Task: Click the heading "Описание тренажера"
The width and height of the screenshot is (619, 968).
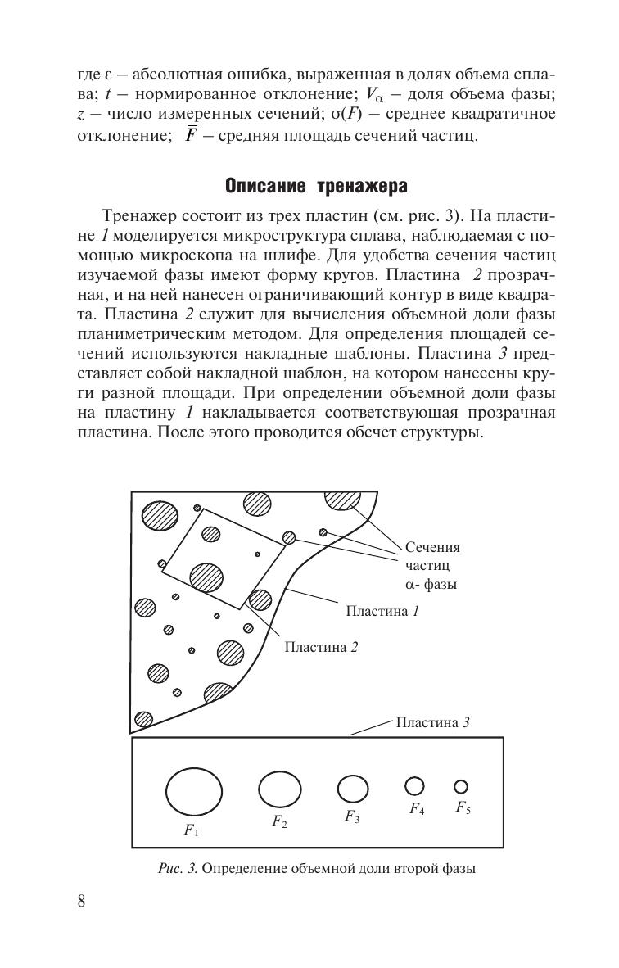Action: click(x=316, y=187)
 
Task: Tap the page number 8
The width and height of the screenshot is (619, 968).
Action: click(x=81, y=902)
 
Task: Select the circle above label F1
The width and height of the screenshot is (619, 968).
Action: click(x=194, y=792)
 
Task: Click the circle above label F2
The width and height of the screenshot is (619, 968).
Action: click(x=280, y=789)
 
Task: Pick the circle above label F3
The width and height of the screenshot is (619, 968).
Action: click(x=353, y=789)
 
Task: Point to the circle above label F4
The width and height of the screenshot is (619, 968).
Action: click(x=415, y=785)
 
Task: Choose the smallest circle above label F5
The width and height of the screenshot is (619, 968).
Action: click(x=461, y=786)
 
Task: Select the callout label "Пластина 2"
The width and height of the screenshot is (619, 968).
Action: click(x=321, y=647)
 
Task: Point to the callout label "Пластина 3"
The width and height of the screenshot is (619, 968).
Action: click(x=432, y=722)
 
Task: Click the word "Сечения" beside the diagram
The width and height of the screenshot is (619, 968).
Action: click(x=433, y=548)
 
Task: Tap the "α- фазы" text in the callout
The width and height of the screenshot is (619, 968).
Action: click(x=431, y=585)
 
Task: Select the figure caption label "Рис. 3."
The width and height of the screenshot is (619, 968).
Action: click(x=178, y=869)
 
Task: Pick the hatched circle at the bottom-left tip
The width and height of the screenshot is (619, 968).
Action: click(x=143, y=719)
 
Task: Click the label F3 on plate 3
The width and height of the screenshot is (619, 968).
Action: click(x=352, y=816)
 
